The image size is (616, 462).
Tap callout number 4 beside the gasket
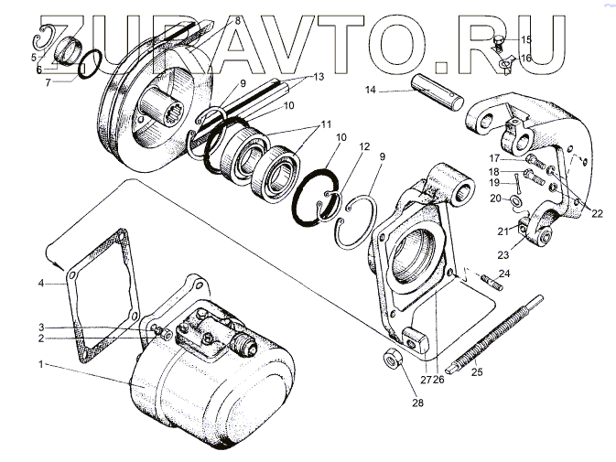tap(40, 284)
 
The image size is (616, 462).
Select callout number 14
tap(372, 90)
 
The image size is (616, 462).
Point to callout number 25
tap(476, 371)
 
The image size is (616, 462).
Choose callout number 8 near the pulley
tap(237, 20)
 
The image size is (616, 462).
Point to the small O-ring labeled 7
tap(89, 69)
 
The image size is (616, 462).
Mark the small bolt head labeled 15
tap(500, 40)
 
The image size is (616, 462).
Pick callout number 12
tap(364, 146)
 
